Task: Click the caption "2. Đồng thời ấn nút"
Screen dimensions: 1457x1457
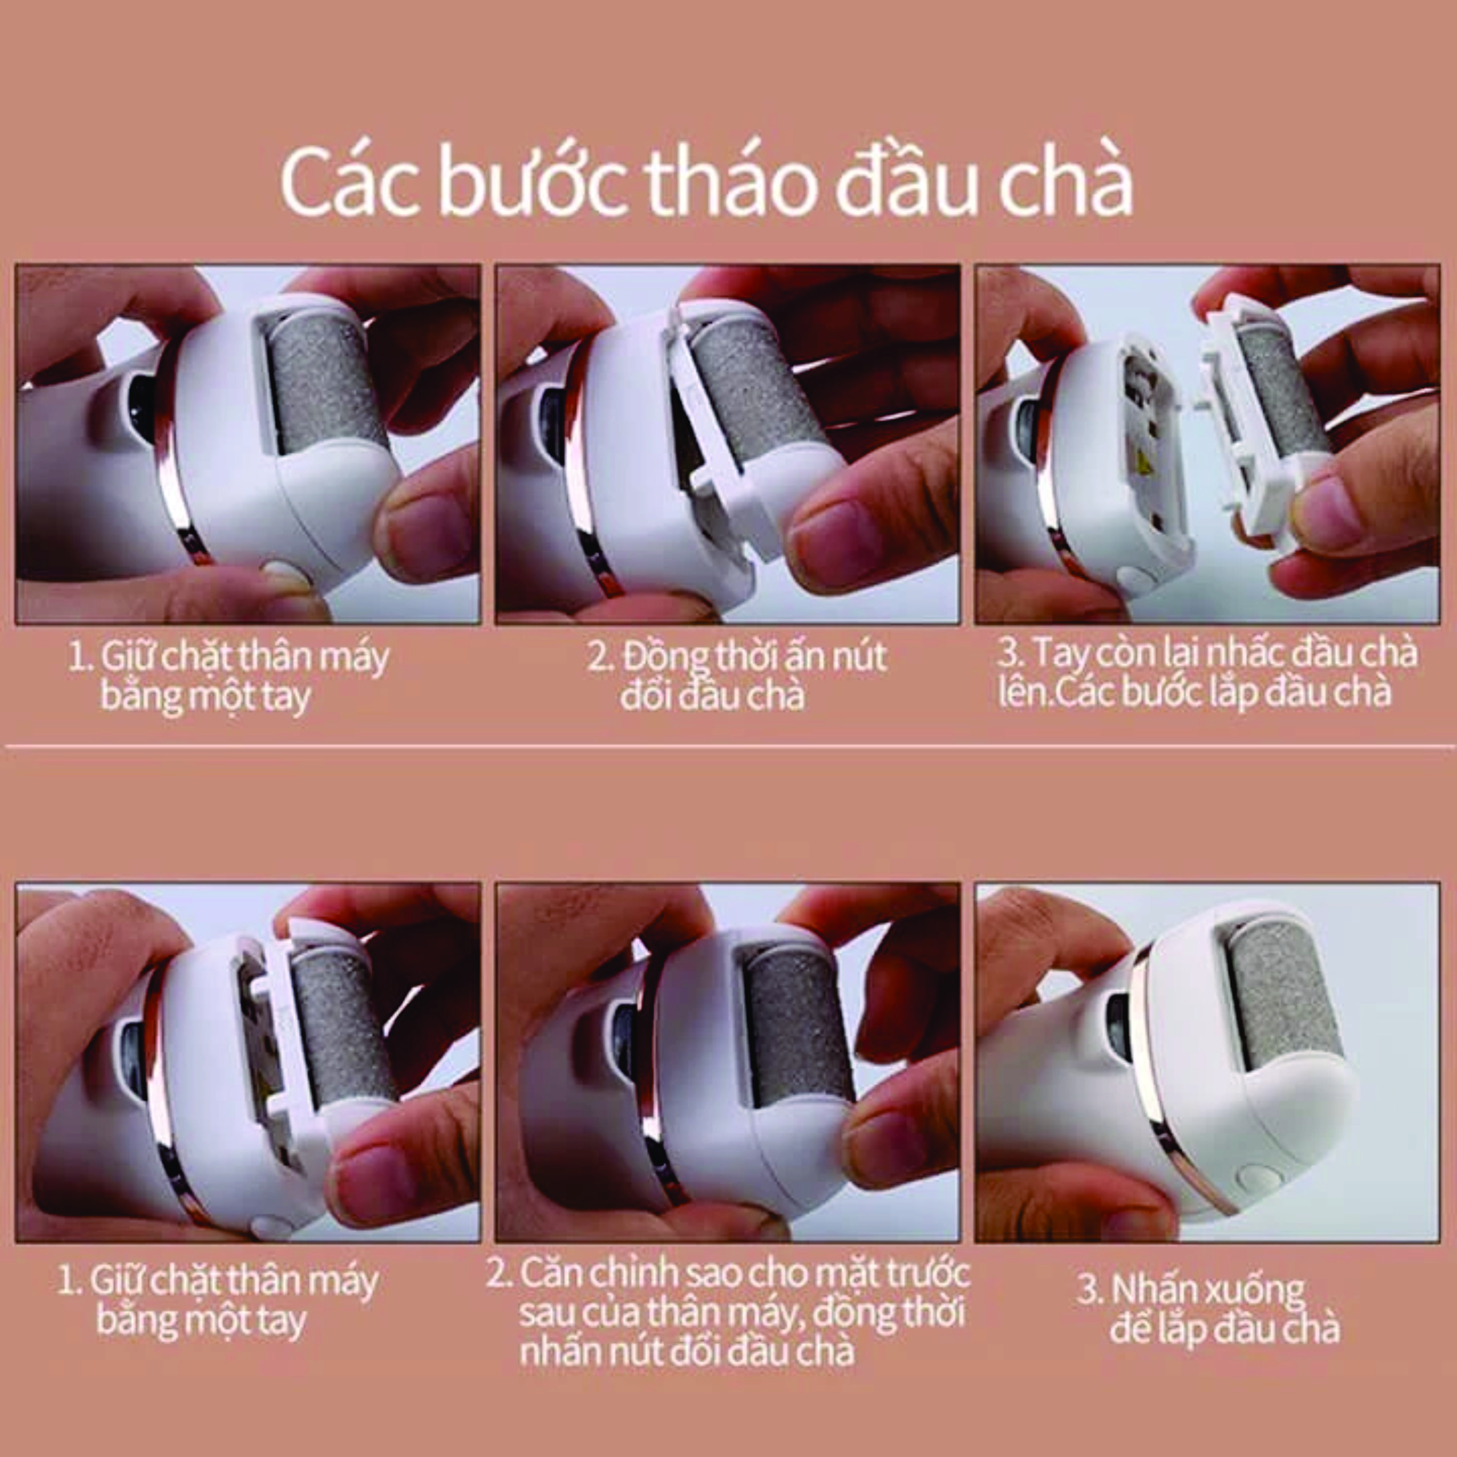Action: [738, 656]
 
